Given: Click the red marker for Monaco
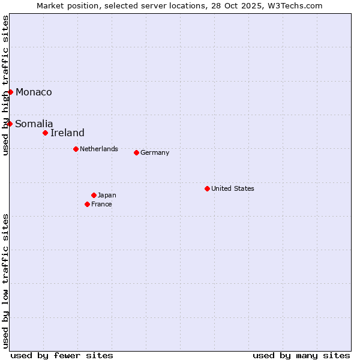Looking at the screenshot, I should (10, 92).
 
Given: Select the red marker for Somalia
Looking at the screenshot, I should (10, 124).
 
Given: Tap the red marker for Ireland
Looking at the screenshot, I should (45, 133).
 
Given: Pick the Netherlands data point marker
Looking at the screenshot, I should (76, 149).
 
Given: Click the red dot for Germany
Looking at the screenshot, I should (136, 152).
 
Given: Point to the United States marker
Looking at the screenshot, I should (207, 188).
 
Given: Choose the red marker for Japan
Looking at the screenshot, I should (94, 195).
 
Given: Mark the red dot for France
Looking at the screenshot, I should (87, 204).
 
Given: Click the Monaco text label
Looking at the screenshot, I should (34, 92).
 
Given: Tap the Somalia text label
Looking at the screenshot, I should (34, 124).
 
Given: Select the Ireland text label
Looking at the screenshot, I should (67, 133).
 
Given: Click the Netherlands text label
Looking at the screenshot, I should (99, 149).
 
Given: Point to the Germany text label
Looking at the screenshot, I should (155, 152).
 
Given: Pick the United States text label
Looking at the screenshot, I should (233, 188).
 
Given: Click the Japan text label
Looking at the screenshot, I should (107, 195).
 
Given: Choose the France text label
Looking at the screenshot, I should (101, 204).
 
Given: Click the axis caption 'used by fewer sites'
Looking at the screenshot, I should (62, 355).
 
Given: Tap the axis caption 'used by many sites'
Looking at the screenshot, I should (301, 355).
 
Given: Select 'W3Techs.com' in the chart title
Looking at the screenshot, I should (295, 6).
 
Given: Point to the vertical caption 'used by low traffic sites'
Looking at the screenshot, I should (6, 280).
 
